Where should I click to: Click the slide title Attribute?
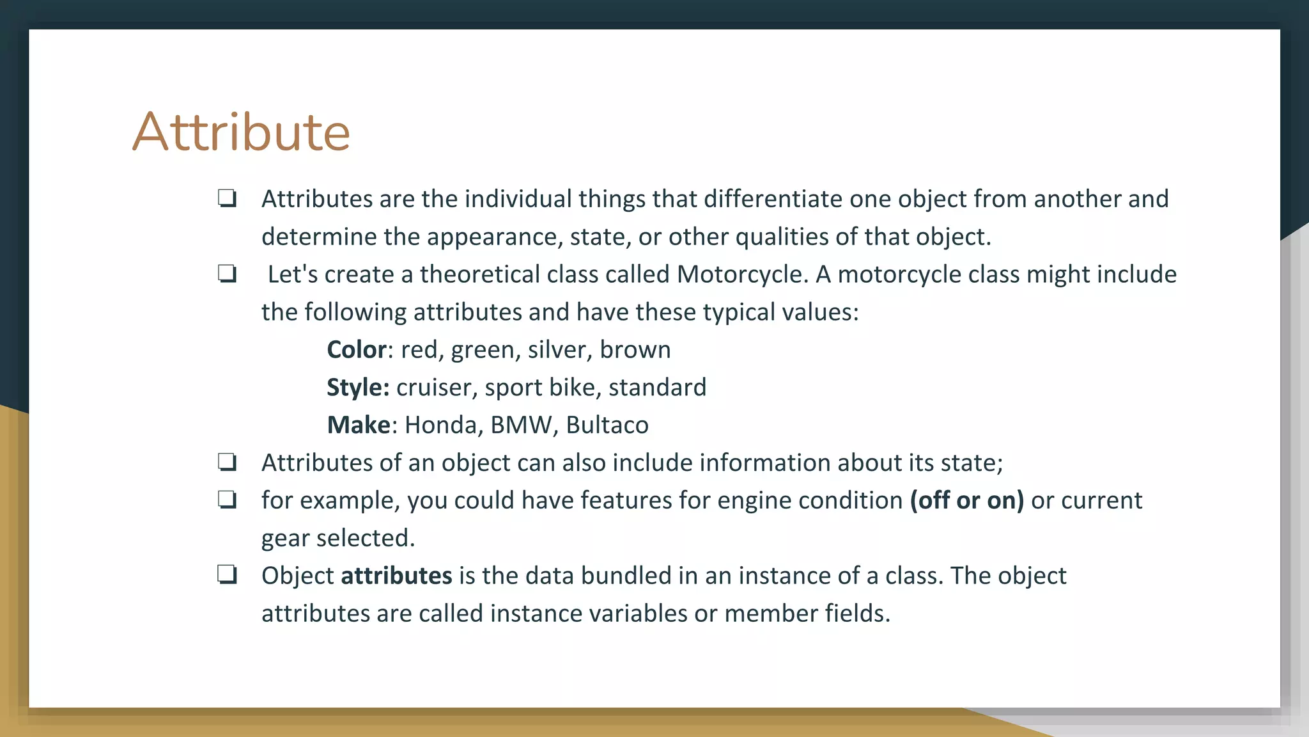[x=241, y=132]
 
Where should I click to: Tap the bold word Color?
[x=357, y=350]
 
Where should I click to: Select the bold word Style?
[x=357, y=388]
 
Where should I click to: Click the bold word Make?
[x=359, y=425]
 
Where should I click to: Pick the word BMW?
[x=521, y=425]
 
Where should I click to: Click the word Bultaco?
[x=607, y=425]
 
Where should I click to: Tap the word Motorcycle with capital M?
[x=740, y=274]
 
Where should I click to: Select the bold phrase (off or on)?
[x=966, y=500]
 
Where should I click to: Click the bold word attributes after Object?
[x=396, y=576]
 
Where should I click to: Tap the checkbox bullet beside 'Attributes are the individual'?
[x=227, y=198]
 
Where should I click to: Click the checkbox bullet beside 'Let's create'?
[x=227, y=274]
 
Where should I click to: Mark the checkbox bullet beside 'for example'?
[x=227, y=500]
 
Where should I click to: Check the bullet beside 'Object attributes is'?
[x=227, y=575]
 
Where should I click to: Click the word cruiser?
[x=436, y=388]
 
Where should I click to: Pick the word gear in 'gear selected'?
[x=285, y=539]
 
